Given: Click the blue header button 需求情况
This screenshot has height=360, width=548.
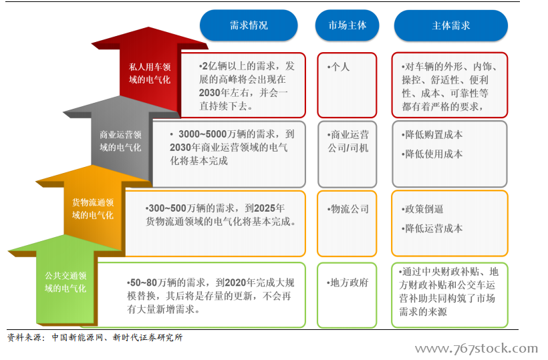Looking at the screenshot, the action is (249, 25).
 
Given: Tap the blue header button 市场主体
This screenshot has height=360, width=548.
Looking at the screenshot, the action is (347, 25).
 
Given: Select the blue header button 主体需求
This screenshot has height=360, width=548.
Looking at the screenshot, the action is (451, 25).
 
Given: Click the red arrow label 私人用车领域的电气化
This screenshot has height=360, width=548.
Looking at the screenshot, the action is (150, 73).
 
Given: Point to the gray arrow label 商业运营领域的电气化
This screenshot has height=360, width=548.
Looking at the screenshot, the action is (120, 141).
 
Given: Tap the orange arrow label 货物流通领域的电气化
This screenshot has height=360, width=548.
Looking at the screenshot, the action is (93, 209).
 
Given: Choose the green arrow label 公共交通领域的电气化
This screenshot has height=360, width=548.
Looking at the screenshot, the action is (65, 282).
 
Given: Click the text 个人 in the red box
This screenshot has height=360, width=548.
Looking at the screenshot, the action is (338, 67).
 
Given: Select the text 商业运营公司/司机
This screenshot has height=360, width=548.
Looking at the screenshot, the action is (348, 141).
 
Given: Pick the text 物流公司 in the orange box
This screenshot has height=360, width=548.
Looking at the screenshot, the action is (348, 209).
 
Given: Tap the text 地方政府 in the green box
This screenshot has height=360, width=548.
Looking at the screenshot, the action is (348, 283).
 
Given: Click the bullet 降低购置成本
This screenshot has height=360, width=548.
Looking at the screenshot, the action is (432, 134).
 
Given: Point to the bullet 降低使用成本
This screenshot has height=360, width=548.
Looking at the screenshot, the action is (432, 154).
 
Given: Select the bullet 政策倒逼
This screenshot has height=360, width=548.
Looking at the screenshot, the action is (422, 209).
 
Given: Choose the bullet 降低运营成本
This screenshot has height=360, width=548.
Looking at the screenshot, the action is (432, 228).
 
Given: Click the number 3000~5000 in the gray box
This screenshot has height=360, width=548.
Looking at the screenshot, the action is (202, 134).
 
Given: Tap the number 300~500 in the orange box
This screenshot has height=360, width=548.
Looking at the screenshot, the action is (167, 208).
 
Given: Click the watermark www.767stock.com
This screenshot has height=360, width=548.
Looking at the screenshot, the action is (476, 348).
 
